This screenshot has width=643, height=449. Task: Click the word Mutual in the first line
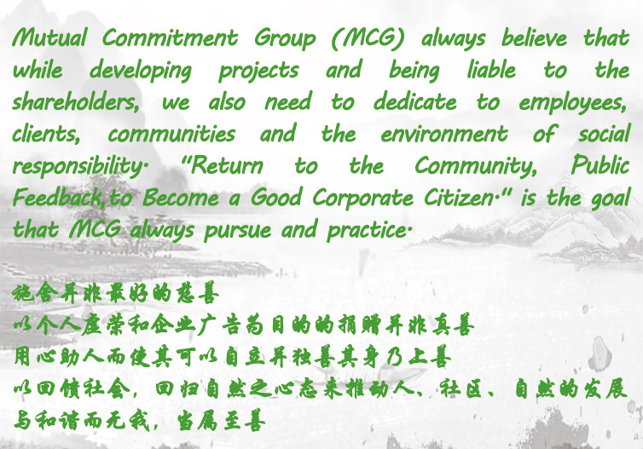click(x=49, y=37)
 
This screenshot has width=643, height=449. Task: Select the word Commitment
click(x=170, y=37)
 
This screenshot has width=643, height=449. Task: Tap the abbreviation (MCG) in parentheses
click(x=368, y=38)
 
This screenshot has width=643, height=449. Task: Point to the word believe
click(x=535, y=37)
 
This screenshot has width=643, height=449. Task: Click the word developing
click(x=141, y=71)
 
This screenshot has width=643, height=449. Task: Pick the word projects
click(x=258, y=72)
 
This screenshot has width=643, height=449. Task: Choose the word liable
click(x=491, y=70)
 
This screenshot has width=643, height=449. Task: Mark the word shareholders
click(x=76, y=101)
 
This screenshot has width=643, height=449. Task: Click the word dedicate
click(x=414, y=101)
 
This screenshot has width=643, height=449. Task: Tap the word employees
click(x=573, y=103)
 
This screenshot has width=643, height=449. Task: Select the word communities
click(x=171, y=134)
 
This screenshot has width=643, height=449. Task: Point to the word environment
click(x=444, y=135)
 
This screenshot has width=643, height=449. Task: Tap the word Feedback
click(x=58, y=198)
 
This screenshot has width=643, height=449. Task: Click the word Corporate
click(x=363, y=199)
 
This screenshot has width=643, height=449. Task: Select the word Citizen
click(x=460, y=198)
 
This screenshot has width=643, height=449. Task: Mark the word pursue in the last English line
click(x=237, y=230)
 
